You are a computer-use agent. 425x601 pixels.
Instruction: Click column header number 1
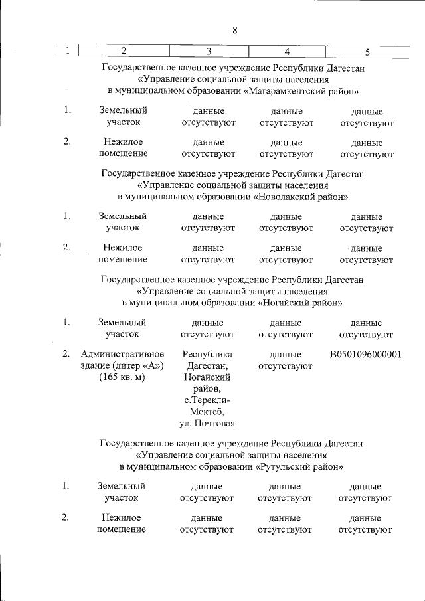click(68, 51)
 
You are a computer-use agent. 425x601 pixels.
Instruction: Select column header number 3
click(209, 51)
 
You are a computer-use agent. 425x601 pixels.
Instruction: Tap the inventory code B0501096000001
click(366, 355)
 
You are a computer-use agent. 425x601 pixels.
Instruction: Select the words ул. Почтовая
click(208, 424)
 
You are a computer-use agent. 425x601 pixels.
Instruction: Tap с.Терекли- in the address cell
click(208, 400)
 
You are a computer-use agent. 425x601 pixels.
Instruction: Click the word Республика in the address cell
click(208, 355)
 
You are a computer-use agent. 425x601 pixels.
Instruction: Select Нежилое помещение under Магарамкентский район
click(123, 148)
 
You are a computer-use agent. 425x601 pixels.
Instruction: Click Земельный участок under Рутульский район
click(122, 491)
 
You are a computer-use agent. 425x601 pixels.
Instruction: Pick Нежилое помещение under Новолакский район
click(123, 254)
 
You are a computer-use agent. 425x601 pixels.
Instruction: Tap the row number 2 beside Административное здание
click(66, 355)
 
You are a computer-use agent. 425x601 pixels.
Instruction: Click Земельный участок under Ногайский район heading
click(122, 328)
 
